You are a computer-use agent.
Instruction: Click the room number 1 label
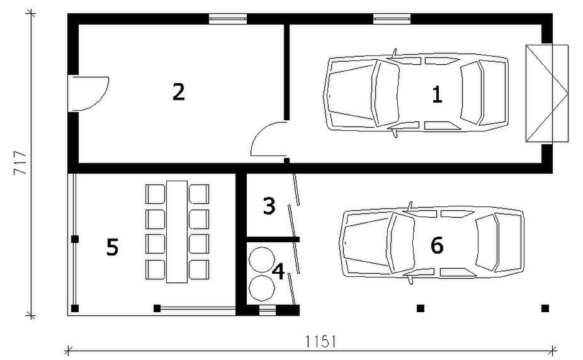pyautogui.click(x=437, y=95)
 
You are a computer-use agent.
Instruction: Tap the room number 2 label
pyautogui.click(x=179, y=93)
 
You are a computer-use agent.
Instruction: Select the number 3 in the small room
pyautogui.click(x=269, y=206)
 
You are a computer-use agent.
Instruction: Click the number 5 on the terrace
pyautogui.click(x=112, y=247)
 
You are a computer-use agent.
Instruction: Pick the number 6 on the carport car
pyautogui.click(x=437, y=245)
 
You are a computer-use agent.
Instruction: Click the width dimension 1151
pyautogui.click(x=321, y=342)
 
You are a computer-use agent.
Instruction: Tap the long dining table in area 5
pyautogui.click(x=177, y=231)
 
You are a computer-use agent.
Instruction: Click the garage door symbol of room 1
pyautogui.click(x=547, y=94)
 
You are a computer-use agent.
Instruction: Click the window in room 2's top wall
pyautogui.click(x=227, y=18)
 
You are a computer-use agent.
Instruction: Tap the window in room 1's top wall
pyautogui.click(x=392, y=18)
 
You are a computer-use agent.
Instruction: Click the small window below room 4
pyautogui.click(x=268, y=309)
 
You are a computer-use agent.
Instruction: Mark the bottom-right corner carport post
pyautogui.click(x=545, y=308)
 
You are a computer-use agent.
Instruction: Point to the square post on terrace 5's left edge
pyautogui.click(x=74, y=239)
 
